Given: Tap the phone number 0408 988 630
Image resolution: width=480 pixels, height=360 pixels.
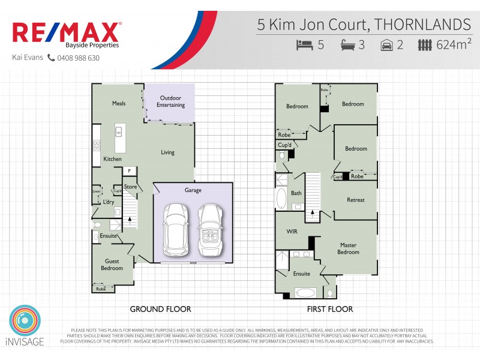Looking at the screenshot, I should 78,58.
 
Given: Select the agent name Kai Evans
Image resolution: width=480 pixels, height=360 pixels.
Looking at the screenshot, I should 27,58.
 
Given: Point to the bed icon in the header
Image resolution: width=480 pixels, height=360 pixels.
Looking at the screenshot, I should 305,45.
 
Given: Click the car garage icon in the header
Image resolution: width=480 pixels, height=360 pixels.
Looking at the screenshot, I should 387,45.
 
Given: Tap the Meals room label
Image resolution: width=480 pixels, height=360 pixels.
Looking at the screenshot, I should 119,103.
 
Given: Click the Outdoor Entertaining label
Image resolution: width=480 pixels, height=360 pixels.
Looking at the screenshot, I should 171,101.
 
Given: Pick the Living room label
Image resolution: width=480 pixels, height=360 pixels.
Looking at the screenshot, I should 167,152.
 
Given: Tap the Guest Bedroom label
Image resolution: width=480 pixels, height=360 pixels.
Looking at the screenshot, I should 112,265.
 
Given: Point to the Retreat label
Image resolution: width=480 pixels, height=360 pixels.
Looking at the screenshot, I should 355,200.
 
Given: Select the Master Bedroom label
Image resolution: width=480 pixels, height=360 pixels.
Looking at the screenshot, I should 349,248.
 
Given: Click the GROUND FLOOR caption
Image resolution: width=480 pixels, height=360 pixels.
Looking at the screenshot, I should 160,309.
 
